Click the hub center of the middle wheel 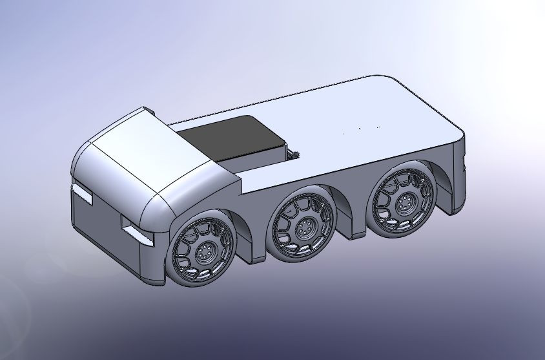304,227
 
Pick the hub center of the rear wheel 404,202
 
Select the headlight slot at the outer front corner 82,191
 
